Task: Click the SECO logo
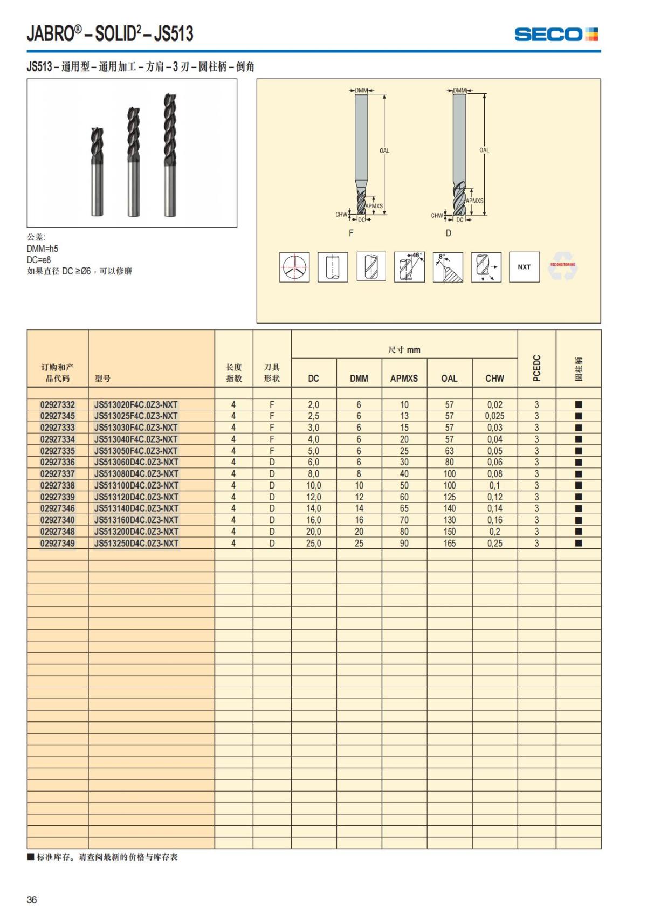556,35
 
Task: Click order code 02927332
58,404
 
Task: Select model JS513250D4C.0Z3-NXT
136,543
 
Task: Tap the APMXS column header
404,378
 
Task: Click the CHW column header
494,378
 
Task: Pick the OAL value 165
449,543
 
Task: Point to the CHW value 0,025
494,416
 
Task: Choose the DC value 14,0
313,508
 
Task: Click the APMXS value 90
404,543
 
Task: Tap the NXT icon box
524,267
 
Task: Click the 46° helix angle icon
409,267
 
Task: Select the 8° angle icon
448,267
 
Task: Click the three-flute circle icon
294,267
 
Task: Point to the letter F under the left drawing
351,233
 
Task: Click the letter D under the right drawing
448,233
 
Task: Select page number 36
32,899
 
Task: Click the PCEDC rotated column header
536,368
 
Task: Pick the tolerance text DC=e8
39,260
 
